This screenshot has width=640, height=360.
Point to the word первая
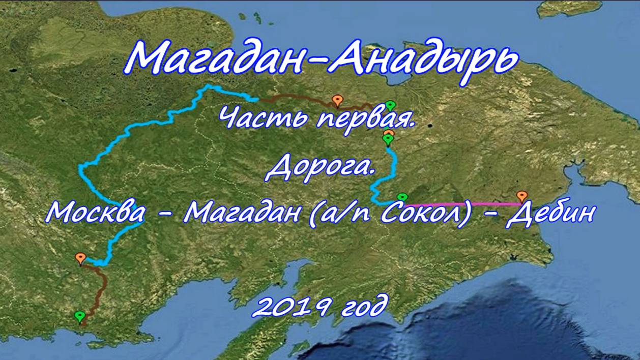pos(366,120)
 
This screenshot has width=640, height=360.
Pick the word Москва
pos(95,212)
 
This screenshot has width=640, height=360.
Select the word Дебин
pos(550,214)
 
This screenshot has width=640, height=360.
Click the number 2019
pos(291,307)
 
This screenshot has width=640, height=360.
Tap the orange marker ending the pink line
pos(522,197)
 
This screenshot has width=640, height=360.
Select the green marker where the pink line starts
pos(402,197)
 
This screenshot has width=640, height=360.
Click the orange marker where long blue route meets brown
pos(80,258)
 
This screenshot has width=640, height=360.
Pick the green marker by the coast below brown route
pos(80,317)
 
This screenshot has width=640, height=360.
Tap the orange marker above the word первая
pos(337,101)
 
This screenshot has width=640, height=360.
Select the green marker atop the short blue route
pos(388,140)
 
